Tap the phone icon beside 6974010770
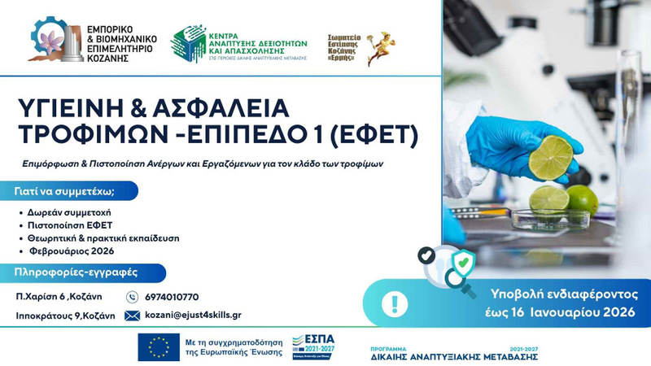[133, 297]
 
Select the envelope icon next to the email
[132, 315]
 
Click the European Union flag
[159, 346]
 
